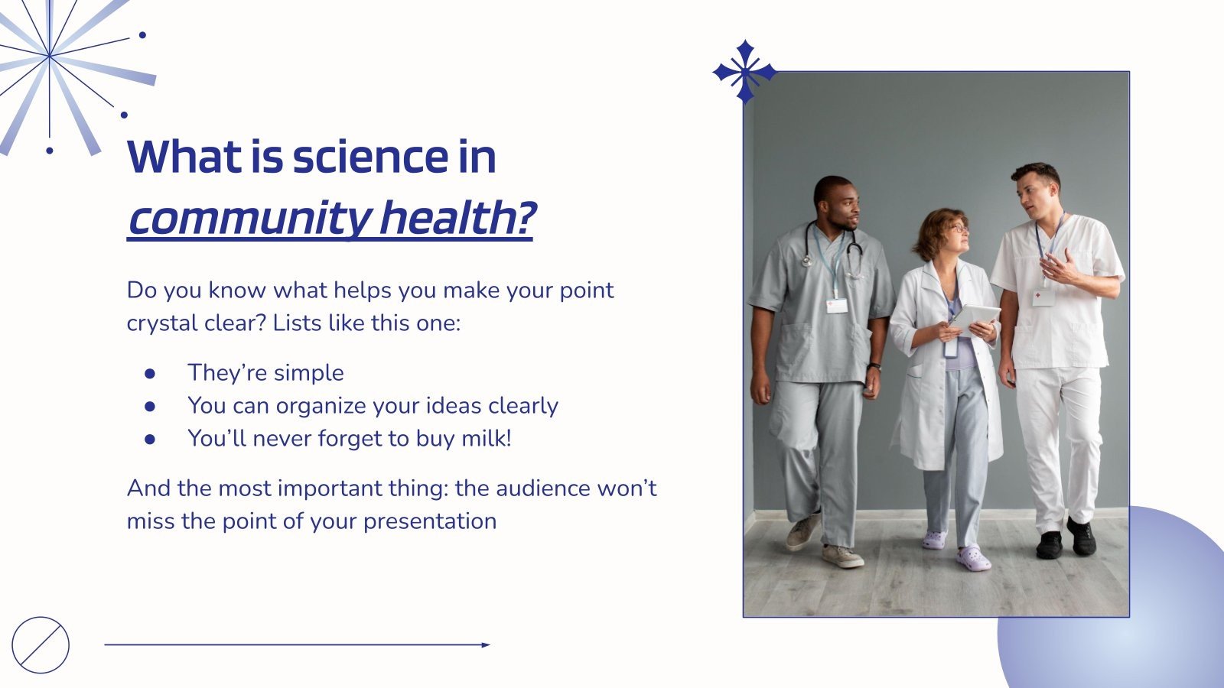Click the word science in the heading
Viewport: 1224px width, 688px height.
click(x=369, y=157)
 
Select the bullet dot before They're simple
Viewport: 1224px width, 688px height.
click(x=150, y=373)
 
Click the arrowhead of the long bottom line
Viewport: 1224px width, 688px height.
click(x=486, y=644)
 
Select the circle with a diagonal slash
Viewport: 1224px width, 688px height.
click(x=41, y=644)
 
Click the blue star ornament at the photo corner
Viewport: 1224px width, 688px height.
click(x=744, y=73)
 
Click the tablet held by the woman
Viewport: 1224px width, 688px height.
click(x=973, y=317)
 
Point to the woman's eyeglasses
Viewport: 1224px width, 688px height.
click(x=958, y=228)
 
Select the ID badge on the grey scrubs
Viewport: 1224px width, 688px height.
click(x=837, y=305)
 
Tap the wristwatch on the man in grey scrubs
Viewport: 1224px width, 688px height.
click(x=874, y=367)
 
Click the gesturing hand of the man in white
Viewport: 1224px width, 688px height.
click(x=1057, y=268)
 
